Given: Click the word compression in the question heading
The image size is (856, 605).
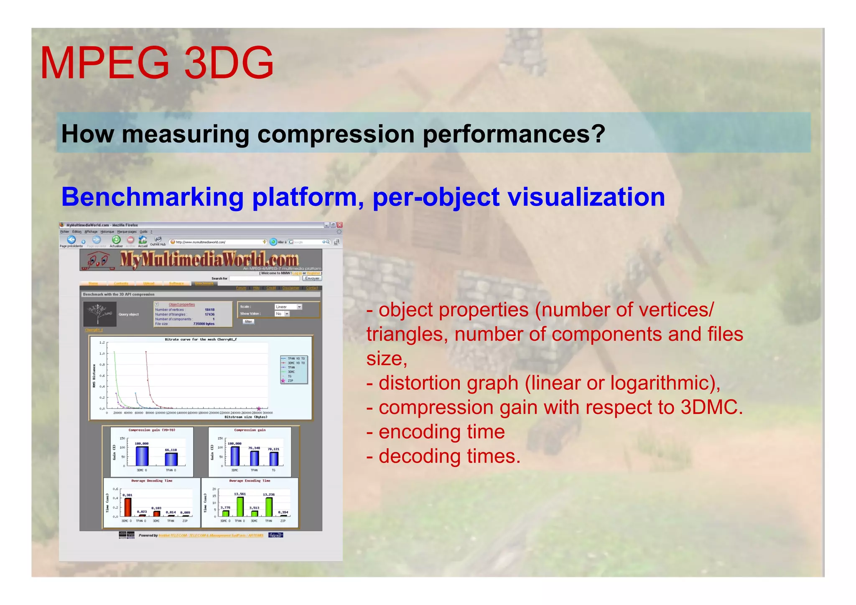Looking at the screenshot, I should point(335,134).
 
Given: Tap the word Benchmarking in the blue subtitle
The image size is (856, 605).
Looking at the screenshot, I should point(152,197).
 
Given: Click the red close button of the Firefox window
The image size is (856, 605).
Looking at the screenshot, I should point(339,225).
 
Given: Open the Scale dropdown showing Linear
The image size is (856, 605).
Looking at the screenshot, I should point(288,307).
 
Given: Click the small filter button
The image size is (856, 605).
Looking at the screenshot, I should point(248,322).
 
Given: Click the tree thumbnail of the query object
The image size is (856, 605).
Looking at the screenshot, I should point(99,314).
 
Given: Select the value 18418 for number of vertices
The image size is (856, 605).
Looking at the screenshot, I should point(209,310).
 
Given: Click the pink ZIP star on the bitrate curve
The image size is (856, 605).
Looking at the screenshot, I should point(259,408).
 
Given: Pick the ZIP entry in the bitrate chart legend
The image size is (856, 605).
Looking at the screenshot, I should point(290,381).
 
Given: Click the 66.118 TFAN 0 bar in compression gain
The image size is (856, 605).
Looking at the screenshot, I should point(171,459).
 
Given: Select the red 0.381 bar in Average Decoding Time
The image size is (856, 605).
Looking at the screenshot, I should point(128,507).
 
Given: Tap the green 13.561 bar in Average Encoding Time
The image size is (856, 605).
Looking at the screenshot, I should point(240,506).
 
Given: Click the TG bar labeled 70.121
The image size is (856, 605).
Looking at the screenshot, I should point(274,459).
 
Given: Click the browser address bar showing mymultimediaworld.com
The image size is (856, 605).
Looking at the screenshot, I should point(217,242).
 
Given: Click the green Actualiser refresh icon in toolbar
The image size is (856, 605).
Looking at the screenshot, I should point(116,240).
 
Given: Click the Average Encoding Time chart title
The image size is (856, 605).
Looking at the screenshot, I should point(250,481).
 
